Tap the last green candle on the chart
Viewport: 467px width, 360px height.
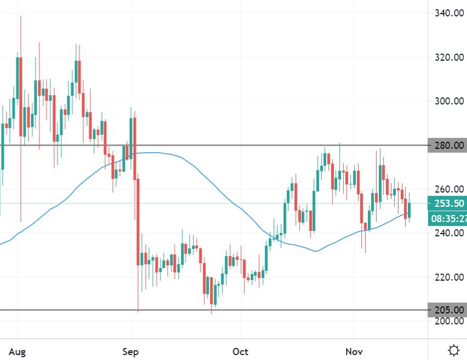pos(409,210)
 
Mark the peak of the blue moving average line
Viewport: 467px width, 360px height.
pos(152,153)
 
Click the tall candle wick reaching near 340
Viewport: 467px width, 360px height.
pos(21,33)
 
